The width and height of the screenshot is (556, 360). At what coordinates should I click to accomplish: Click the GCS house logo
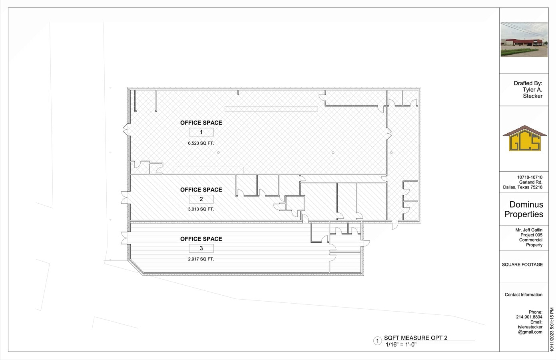(x=524, y=138)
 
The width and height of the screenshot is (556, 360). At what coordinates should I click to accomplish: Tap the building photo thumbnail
(x=524, y=40)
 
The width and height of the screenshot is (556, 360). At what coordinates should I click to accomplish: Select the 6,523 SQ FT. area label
(x=201, y=143)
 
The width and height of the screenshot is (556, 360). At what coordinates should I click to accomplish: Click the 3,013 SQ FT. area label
(x=201, y=209)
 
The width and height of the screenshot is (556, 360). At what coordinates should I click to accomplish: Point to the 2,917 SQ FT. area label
(x=201, y=259)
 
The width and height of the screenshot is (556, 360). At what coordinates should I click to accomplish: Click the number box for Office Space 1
(x=201, y=132)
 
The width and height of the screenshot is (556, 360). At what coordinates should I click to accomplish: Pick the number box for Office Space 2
(x=201, y=199)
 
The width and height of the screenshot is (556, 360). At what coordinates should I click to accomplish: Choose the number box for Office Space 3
(x=201, y=248)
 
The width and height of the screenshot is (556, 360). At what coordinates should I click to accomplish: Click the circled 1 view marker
(x=378, y=341)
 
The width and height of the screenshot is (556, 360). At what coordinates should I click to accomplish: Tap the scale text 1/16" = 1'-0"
(x=401, y=344)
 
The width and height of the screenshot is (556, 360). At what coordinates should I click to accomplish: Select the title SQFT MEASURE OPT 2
(x=416, y=338)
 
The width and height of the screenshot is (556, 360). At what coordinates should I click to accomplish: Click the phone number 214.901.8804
(x=529, y=317)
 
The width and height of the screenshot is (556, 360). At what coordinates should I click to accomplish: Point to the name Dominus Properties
(x=524, y=209)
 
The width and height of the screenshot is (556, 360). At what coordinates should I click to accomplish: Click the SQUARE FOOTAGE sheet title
(x=522, y=264)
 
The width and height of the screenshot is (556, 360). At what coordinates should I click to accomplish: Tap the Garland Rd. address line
(x=531, y=182)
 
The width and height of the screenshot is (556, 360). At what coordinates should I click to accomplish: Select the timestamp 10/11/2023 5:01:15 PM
(x=552, y=330)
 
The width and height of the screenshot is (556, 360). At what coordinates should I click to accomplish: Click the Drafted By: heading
(x=528, y=83)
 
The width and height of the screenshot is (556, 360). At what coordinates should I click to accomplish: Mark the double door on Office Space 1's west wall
(x=126, y=130)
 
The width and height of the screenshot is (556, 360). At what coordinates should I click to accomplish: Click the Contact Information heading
(x=524, y=295)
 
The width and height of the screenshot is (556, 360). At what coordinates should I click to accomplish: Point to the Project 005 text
(x=532, y=235)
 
